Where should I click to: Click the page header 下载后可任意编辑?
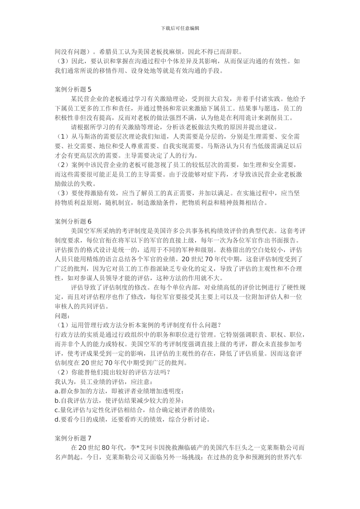(180, 28)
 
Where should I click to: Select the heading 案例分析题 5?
(73, 89)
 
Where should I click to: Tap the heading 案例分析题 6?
(73, 221)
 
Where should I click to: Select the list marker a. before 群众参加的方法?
(58, 391)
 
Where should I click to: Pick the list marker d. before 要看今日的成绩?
(58, 419)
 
